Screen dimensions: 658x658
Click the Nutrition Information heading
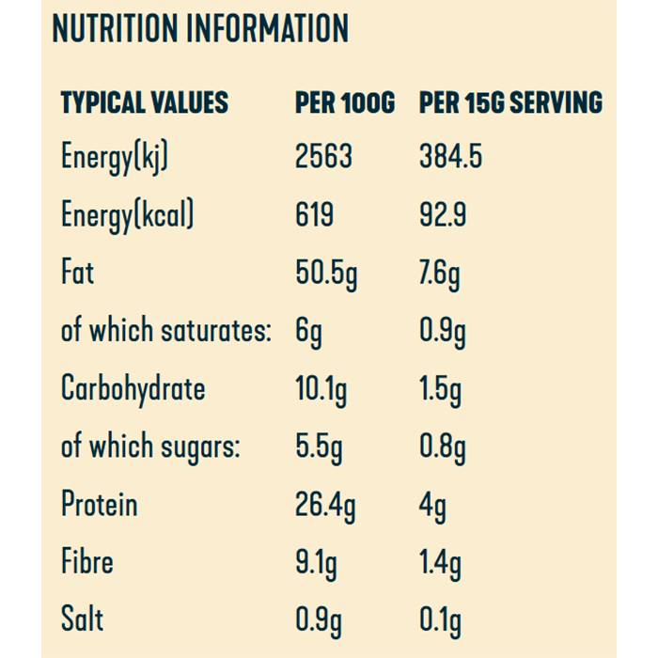[x=200, y=30]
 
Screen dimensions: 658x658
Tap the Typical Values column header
[x=144, y=102]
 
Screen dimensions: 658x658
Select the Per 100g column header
[x=344, y=102]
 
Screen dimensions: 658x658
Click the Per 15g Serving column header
[x=510, y=102]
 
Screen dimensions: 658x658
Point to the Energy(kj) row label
[x=115, y=157]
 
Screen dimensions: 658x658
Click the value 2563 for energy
[x=323, y=156]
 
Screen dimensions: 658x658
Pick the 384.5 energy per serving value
[x=450, y=156]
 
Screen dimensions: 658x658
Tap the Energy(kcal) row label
[x=128, y=215]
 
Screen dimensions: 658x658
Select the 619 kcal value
[x=314, y=214]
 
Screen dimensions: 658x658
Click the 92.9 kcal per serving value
[x=443, y=214]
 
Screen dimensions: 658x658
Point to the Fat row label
[x=77, y=273]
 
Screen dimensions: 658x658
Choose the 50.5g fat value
[x=326, y=274]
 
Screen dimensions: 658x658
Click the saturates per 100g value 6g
[x=308, y=332]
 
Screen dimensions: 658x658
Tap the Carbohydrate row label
[x=133, y=388]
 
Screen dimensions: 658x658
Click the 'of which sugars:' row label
[x=150, y=446]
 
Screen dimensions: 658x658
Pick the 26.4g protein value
[x=325, y=506]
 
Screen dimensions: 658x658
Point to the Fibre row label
[x=86, y=562]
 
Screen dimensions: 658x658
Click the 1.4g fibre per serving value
[x=440, y=564]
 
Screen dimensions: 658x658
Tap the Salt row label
[x=82, y=619]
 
